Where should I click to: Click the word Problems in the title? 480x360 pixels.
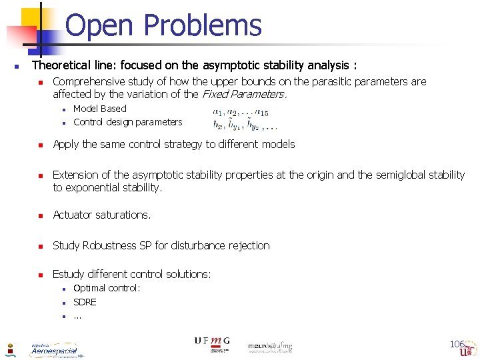203,25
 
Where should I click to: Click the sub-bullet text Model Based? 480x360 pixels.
99,109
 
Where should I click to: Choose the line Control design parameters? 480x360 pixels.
127,122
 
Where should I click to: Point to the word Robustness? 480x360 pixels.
107,245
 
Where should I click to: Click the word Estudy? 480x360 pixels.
69,274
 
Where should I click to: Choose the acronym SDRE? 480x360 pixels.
85,302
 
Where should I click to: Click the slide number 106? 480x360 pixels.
457,344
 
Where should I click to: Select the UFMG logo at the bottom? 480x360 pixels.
211,341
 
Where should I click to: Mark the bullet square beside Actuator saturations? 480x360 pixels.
40,215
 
